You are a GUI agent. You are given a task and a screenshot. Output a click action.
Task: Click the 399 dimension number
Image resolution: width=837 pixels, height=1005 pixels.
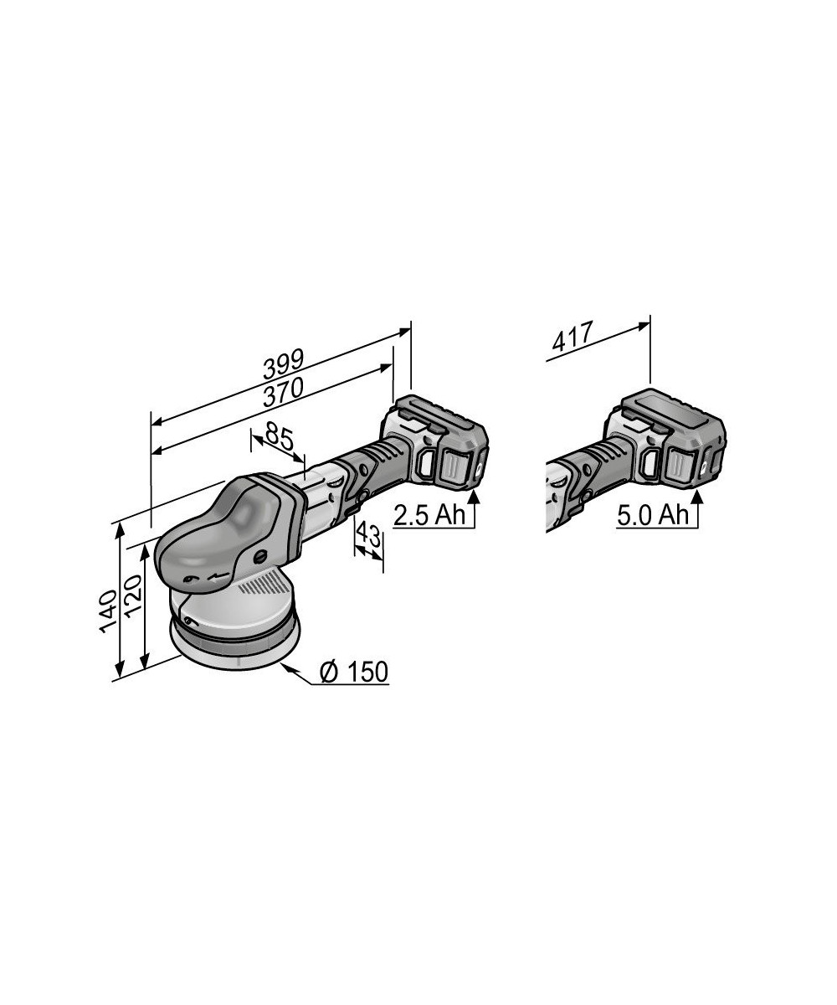pos(284,363)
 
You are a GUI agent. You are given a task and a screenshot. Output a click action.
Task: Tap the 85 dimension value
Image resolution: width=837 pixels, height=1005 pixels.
pos(279,435)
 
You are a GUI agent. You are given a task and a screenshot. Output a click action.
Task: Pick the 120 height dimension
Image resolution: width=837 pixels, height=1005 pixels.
pos(133,595)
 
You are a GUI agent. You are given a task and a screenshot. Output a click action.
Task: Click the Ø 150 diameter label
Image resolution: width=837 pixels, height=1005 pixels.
pos(353,672)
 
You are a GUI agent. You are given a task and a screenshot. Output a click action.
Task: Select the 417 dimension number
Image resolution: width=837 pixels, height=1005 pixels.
pos(572,337)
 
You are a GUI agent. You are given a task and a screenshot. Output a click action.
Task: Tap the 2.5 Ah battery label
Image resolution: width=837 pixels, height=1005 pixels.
pos(429,515)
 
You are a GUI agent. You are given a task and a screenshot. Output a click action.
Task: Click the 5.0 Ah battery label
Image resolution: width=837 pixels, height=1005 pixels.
pos(653,515)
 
